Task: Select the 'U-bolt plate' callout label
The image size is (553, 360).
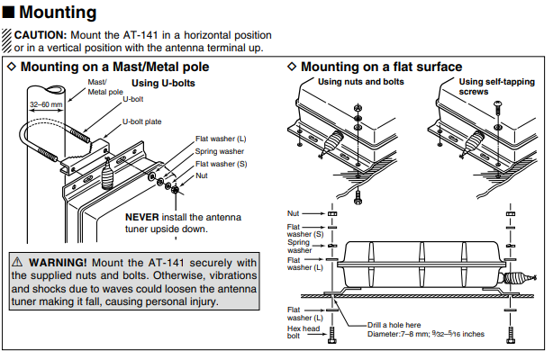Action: (x=142, y=121)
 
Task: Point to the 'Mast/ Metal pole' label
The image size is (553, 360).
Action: (x=104, y=86)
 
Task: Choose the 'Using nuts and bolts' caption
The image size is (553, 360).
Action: (x=361, y=82)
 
